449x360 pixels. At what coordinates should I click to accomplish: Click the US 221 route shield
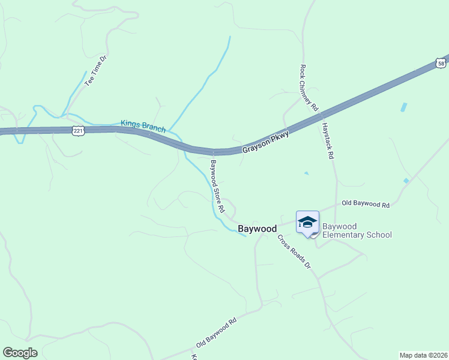pyautogui.click(x=77, y=130)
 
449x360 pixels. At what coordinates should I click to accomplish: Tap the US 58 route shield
pyautogui.click(x=441, y=63)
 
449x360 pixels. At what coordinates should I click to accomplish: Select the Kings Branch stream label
pyautogui.click(x=143, y=126)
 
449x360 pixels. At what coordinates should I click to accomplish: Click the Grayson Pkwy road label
pyautogui.click(x=266, y=142)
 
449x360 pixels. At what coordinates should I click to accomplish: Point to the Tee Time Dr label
pyautogui.click(x=95, y=71)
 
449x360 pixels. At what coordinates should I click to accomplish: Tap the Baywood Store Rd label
pyautogui.click(x=217, y=186)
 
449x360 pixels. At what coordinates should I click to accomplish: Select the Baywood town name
pyautogui.click(x=258, y=229)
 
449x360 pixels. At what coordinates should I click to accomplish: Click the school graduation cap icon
pyautogui.click(x=307, y=222)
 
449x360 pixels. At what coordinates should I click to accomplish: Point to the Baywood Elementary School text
pyautogui.click(x=357, y=230)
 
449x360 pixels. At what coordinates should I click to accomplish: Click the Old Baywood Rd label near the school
pyautogui.click(x=366, y=205)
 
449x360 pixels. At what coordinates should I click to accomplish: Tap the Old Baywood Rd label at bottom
pyautogui.click(x=216, y=334)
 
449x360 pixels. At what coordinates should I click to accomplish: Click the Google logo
pyautogui.click(x=20, y=353)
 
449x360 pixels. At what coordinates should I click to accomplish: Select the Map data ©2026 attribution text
pyautogui.click(x=423, y=355)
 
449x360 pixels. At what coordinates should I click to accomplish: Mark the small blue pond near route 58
pyautogui.click(x=403, y=107)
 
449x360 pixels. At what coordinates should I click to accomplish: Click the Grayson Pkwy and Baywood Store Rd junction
pyautogui.click(x=214, y=152)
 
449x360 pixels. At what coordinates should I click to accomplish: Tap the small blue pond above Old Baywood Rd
pyautogui.click(x=406, y=181)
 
